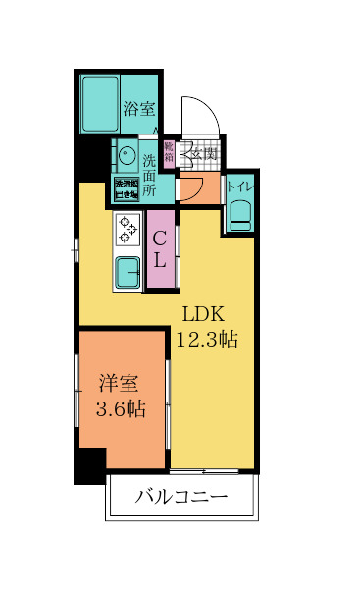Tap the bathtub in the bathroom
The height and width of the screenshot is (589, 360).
point(99,102)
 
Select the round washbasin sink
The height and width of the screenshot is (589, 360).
point(126,156)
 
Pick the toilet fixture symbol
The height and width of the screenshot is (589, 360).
point(240,213)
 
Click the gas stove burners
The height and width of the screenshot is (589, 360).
point(129,230)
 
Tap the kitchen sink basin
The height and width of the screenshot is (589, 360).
point(129,269)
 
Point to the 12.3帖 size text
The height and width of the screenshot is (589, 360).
point(207,340)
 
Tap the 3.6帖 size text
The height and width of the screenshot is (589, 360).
point(121,409)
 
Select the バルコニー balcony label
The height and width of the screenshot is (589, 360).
point(181,497)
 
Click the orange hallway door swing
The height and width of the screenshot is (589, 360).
point(190,186)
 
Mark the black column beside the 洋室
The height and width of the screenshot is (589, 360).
point(89,465)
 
